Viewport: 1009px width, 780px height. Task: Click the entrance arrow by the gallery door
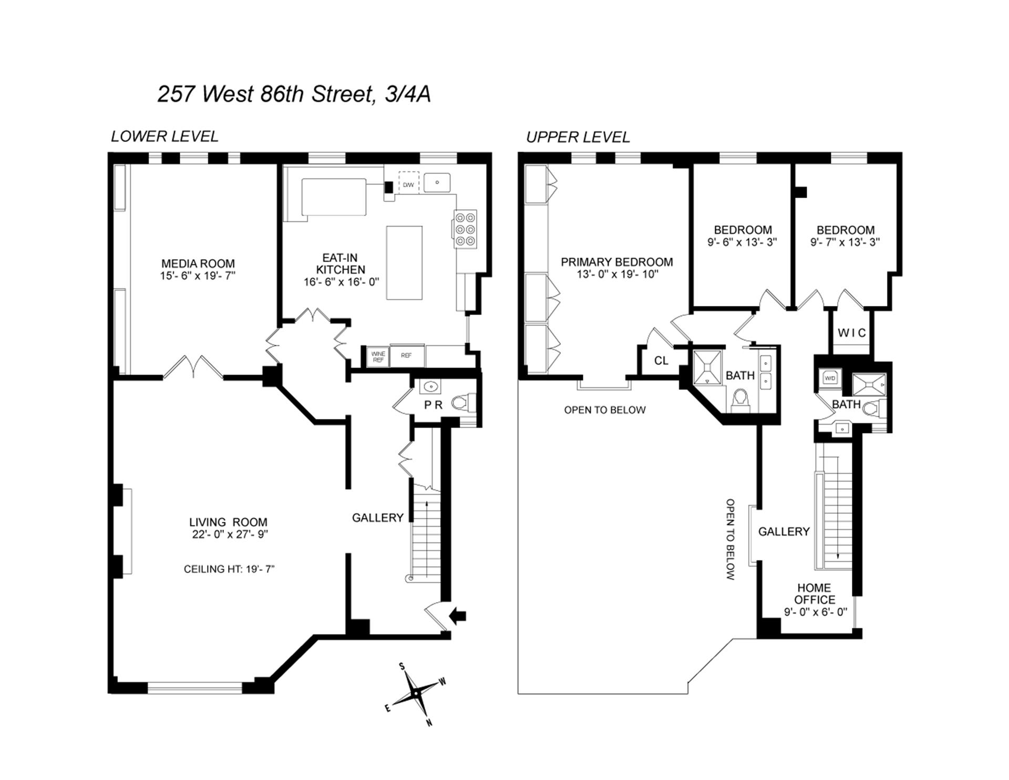pos(458,615)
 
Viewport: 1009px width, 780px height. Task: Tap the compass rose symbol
pos(416,694)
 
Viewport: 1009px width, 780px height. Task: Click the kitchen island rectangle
pos(404,263)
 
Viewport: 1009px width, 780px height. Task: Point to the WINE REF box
pos(378,356)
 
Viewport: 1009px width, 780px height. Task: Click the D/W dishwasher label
pos(408,185)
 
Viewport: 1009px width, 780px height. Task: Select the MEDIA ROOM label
pos(198,264)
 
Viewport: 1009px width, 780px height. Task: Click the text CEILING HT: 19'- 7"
pos(229,569)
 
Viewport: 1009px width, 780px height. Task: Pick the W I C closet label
pos(851,333)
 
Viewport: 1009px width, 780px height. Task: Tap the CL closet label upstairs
pos(661,361)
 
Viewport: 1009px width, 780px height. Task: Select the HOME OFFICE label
pos(815,593)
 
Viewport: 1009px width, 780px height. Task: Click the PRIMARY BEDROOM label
pos(616,262)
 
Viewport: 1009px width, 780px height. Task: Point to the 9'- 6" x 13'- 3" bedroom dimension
pos(742,242)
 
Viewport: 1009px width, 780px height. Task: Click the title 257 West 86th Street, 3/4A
pos(294,94)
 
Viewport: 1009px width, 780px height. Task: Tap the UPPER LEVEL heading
pos(578,137)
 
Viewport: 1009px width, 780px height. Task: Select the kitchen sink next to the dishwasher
pos(437,183)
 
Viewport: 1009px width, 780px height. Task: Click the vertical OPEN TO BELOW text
pos(730,539)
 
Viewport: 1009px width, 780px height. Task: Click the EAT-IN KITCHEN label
pos(341,263)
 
